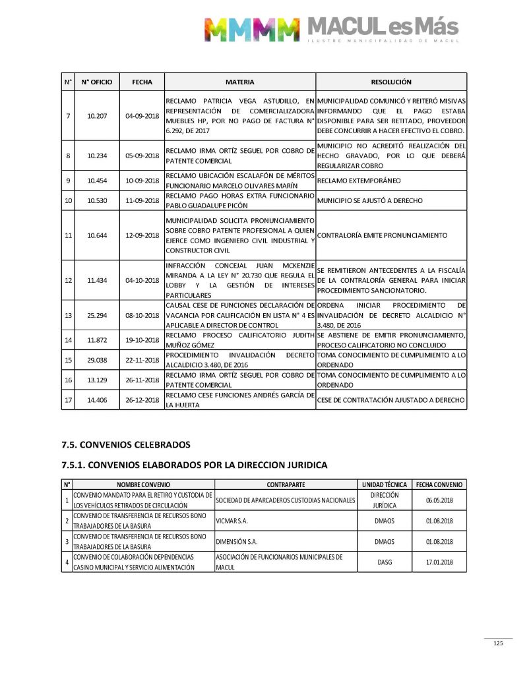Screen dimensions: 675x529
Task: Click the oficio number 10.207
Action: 96,117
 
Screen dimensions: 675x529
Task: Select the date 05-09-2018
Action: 142,156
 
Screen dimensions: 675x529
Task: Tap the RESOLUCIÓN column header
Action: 391,82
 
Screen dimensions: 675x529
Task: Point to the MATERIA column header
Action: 240,82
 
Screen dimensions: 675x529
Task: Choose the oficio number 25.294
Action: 96,316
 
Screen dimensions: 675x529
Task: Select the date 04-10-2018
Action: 142,280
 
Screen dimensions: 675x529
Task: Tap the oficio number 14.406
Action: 96,400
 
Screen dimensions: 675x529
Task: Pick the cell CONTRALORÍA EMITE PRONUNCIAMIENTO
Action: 383,235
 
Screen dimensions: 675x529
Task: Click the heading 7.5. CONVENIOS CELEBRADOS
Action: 125,444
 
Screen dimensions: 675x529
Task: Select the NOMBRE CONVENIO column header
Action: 143,484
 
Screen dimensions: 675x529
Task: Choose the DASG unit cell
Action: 385,562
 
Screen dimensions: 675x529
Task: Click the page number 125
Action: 498,643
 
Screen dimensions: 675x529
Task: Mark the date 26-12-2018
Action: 142,400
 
